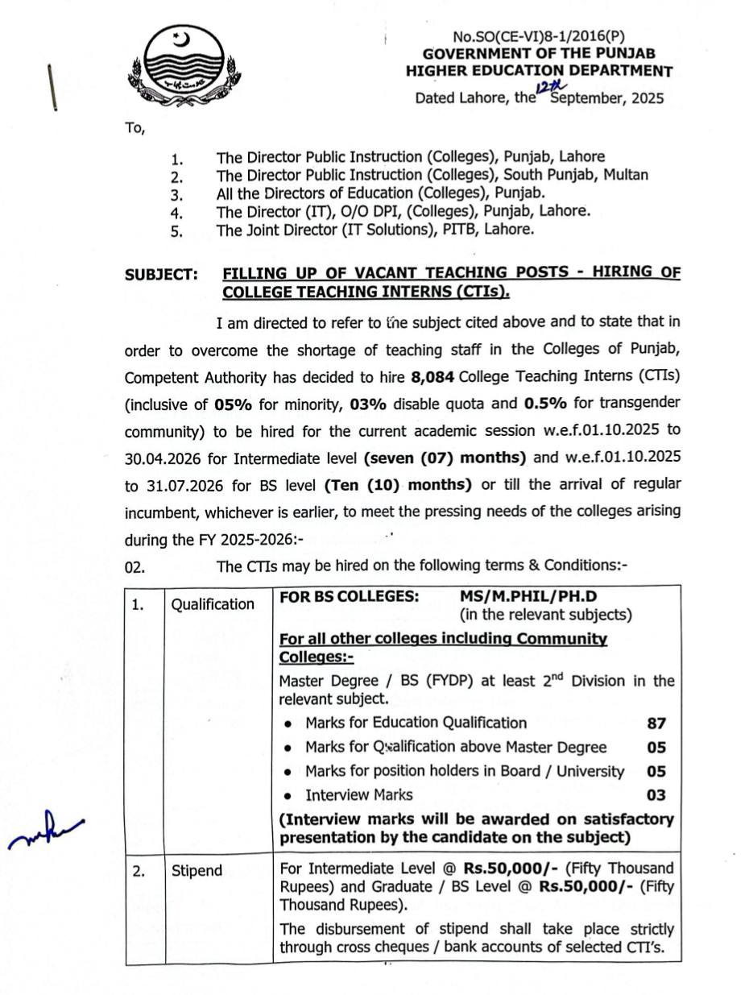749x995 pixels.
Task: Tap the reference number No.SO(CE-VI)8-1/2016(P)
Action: [x=539, y=35]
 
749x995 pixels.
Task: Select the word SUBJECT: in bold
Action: [x=161, y=275]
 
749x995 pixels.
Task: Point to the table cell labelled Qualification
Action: [x=213, y=604]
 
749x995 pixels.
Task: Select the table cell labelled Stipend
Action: [x=197, y=870]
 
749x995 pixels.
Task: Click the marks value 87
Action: [x=656, y=723]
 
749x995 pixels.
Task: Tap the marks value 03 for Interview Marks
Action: [x=656, y=795]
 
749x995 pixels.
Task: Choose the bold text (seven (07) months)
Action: [x=445, y=458]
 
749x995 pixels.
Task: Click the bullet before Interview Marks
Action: [x=288, y=796]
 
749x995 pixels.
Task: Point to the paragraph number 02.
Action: [x=134, y=566]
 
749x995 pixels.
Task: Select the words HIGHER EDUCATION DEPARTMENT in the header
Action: [x=539, y=71]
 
